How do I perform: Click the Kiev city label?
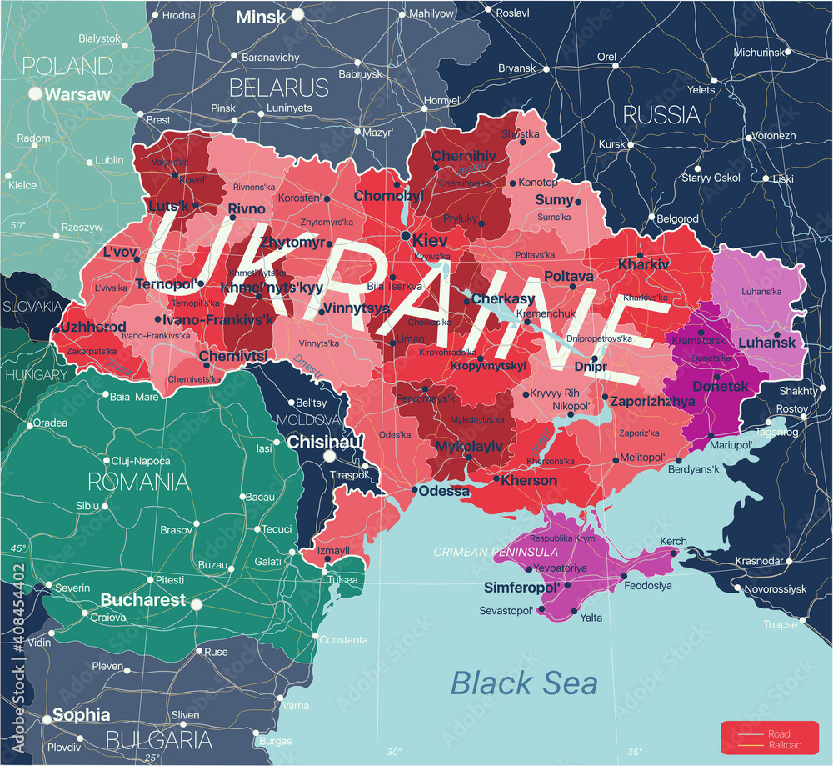[x=430, y=240]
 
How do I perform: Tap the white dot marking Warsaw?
[x=35, y=94]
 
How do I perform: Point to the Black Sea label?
[x=524, y=683]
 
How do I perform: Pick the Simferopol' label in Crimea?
[x=521, y=587]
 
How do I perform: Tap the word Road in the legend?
[x=779, y=733]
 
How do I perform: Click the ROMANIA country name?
[x=137, y=481]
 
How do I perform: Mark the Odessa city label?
[x=444, y=491]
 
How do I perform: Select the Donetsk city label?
[x=720, y=386]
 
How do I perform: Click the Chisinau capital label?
[x=325, y=441]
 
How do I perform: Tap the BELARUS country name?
[x=279, y=87]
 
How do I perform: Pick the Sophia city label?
[x=82, y=714]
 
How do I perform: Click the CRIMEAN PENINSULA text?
[x=495, y=552]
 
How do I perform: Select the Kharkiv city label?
[x=644, y=264]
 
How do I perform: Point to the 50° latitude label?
[x=18, y=226]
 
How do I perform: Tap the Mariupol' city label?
[x=730, y=444]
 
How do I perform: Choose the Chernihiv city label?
[x=465, y=156]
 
